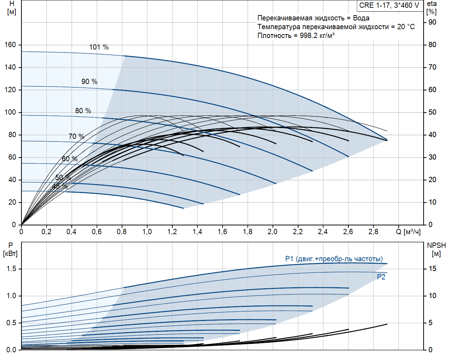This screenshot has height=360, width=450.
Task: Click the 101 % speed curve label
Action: (99, 47)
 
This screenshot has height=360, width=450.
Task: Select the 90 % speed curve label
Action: (89, 82)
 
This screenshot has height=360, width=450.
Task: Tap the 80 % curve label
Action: (83, 111)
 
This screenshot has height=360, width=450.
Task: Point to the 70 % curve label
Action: (76, 136)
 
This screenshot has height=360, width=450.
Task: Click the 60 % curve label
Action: (70, 159)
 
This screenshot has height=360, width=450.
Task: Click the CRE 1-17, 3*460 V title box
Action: (389, 5)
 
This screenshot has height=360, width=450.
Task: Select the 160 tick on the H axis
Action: (10, 45)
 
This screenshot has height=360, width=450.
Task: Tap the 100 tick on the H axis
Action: (10, 112)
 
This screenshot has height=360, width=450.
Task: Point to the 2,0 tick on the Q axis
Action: (272, 232)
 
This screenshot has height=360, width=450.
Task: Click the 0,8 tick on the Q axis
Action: (122, 232)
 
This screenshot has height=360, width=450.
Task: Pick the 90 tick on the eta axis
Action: (432, 22)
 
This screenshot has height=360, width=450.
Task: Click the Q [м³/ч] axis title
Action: (408, 232)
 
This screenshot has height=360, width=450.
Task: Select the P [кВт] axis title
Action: (10, 250)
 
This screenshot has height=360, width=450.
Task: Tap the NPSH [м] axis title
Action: (436, 250)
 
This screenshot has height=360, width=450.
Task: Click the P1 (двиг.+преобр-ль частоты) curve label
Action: (334, 259)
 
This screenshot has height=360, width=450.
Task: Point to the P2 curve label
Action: (381, 277)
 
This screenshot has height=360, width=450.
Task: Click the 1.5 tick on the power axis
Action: (11, 269)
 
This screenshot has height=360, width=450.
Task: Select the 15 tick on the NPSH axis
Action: (432, 269)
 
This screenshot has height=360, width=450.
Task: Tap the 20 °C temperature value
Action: (406, 27)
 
